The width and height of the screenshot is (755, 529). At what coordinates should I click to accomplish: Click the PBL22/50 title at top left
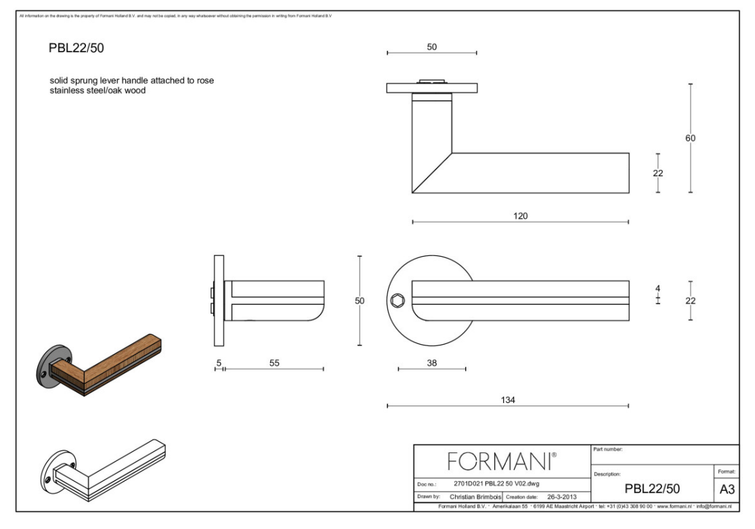click(x=76, y=49)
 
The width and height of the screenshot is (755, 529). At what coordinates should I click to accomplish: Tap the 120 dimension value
click(x=520, y=216)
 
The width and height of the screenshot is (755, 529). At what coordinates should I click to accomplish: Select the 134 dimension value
click(x=507, y=400)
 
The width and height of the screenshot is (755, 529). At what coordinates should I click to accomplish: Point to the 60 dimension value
click(x=690, y=138)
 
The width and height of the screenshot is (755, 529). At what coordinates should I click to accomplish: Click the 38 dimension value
click(x=431, y=363)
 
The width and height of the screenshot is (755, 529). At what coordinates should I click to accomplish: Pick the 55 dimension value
click(x=274, y=363)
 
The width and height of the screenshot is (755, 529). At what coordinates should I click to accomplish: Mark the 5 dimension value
click(x=218, y=363)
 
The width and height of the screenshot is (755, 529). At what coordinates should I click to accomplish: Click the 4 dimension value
click(x=657, y=288)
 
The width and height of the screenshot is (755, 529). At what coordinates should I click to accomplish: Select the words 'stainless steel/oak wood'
click(x=98, y=90)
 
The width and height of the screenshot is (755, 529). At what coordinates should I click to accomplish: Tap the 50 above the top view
click(x=432, y=47)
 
